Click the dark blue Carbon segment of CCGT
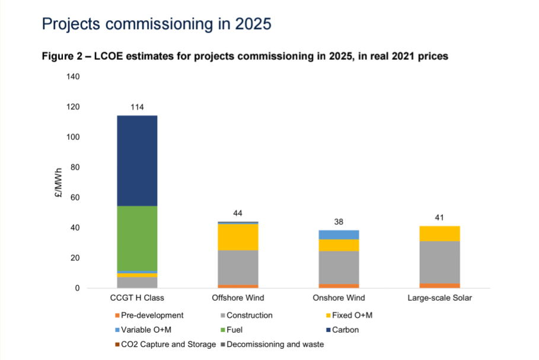pyautogui.click(x=137, y=160)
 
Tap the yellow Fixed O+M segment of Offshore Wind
pyautogui.click(x=238, y=237)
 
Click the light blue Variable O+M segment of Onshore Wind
pyautogui.click(x=339, y=235)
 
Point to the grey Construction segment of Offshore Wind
pyautogui.click(x=238, y=267)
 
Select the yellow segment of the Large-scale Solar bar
pyautogui.click(x=439, y=234)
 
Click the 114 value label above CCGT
pyautogui.click(x=137, y=107)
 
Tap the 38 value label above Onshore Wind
pyautogui.click(x=339, y=222)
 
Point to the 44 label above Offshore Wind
pyautogui.click(x=238, y=213)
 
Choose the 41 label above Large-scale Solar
pyautogui.click(x=439, y=218)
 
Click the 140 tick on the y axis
pyautogui.click(x=73, y=77)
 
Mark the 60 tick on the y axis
pyautogui.click(x=75, y=197)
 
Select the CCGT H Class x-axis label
pyautogui.click(x=137, y=298)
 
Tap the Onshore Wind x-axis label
pyautogui.click(x=339, y=298)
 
